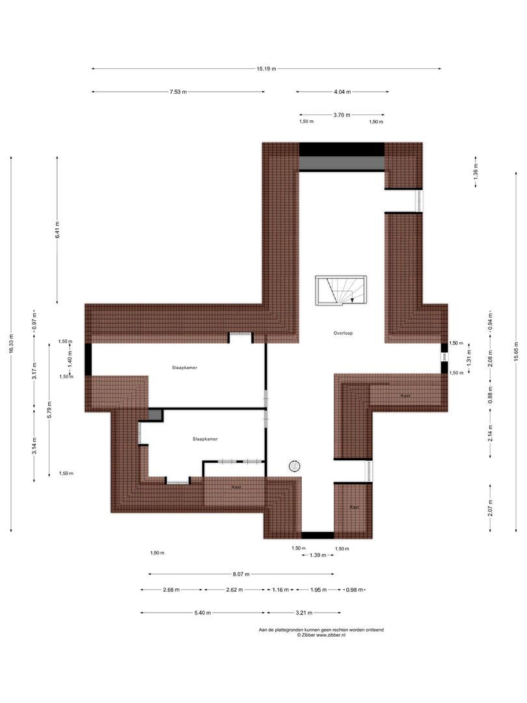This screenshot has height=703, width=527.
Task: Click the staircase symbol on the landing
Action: tap(342, 290)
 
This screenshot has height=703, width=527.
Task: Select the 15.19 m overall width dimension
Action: tap(266, 68)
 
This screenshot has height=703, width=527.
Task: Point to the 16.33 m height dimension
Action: tap(11, 344)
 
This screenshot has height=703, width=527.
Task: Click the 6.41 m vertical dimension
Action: tap(57, 231)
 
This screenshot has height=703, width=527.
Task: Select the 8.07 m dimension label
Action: tap(241, 574)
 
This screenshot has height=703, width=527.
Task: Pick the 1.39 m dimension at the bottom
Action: tap(318, 555)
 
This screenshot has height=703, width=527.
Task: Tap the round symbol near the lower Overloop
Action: tap(295, 465)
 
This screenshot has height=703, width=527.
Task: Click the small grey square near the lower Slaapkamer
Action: tap(155, 415)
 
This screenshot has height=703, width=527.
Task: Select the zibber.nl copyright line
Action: tap(321, 635)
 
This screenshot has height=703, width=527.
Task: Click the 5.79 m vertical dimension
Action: tap(49, 410)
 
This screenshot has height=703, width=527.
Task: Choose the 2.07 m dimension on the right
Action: tap(490, 506)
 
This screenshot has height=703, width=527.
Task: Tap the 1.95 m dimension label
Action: tap(318, 590)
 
